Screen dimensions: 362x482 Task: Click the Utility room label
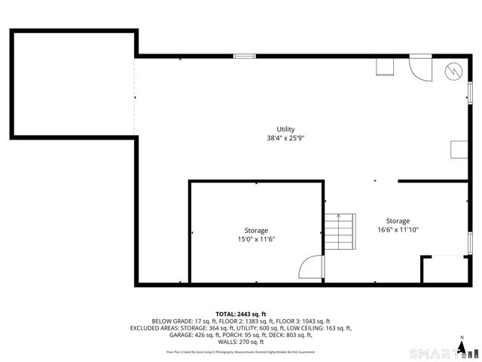[x=285, y=129]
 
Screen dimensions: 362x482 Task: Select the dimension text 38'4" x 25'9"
[x=285, y=138]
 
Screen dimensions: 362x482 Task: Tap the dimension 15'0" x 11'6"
[x=256, y=239]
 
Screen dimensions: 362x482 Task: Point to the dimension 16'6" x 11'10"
[x=398, y=230]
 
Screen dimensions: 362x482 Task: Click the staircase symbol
[x=340, y=232]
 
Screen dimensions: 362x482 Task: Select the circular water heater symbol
[x=454, y=71]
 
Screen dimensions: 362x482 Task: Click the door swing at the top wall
[x=417, y=68]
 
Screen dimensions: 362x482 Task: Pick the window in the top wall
[x=244, y=56]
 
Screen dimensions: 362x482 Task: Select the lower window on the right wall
[x=471, y=244]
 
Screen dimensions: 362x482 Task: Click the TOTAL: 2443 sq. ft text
[x=241, y=314]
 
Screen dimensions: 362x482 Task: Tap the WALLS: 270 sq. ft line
[x=241, y=342]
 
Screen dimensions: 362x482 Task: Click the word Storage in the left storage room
[x=256, y=230]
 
